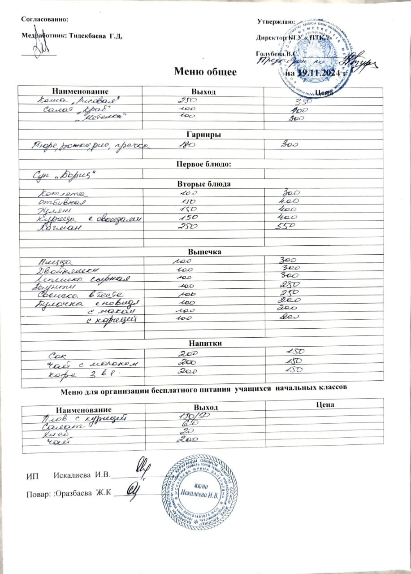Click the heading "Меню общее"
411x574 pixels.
(x=205, y=71)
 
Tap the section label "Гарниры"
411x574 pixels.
(x=205, y=135)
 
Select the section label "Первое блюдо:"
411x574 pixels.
(x=205, y=164)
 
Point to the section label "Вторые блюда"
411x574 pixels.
(x=205, y=184)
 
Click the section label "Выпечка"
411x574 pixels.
(x=205, y=252)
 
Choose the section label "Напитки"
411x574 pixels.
(x=205, y=343)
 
